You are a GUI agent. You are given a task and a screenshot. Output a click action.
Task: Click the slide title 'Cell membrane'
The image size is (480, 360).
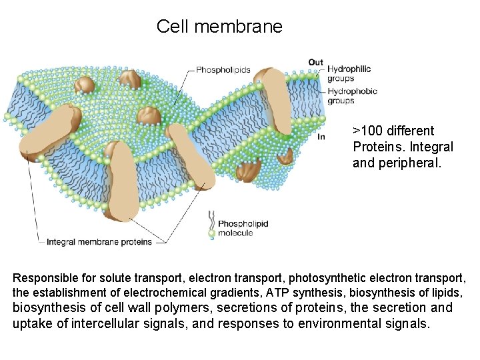pos(219,27)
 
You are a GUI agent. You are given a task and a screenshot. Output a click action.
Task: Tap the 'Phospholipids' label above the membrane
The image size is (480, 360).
pos(223,69)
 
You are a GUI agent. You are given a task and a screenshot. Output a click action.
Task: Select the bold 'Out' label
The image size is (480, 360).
pos(315,63)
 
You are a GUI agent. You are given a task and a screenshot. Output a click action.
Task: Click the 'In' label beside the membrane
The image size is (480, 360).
pos(321,136)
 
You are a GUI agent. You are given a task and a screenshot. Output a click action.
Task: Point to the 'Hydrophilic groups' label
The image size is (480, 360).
pos(348,73)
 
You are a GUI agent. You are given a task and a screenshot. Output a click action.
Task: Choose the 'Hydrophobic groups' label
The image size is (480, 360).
pos(351,96)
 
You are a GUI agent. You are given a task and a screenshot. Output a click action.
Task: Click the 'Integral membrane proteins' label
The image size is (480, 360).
pos(99,241)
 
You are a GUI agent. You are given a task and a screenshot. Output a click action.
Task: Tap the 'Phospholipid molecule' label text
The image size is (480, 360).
pos(243,228)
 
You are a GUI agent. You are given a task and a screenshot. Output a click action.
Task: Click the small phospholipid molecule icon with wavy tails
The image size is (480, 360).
pos(211,224)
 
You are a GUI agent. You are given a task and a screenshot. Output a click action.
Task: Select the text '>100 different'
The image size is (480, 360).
pos(393,131)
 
